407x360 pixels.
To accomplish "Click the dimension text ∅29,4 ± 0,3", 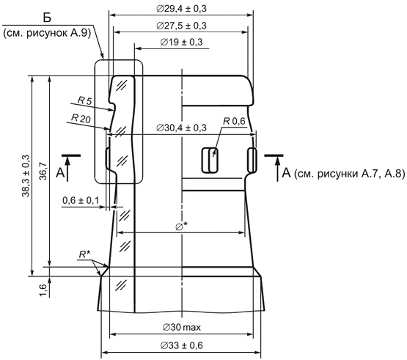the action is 181,9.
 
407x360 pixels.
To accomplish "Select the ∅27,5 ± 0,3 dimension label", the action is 181,26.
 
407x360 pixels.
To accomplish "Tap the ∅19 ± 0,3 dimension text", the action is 181,42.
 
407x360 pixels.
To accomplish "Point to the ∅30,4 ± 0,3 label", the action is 181,128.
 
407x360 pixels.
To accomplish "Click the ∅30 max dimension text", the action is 182,327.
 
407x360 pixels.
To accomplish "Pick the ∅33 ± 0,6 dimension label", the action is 181,345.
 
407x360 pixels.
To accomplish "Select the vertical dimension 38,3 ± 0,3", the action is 26,176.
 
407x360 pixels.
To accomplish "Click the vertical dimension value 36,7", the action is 43,171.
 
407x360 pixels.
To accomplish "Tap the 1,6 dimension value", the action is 43,290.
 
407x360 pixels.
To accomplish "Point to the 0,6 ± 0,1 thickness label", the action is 81,200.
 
